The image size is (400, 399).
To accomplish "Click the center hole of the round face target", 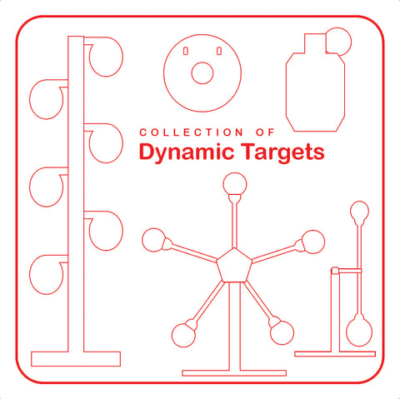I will point(202,73).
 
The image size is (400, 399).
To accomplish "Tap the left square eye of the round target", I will point(185,52).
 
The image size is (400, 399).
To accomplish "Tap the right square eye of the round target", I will point(219,52).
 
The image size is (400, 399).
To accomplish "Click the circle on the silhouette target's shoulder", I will point(338,40).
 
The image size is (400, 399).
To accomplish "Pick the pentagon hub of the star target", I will point(233,266).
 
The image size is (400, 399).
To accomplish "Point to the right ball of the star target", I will point(312,242).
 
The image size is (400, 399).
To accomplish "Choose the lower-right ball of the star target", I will point(282,332).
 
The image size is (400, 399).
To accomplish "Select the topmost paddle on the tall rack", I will point(106,56).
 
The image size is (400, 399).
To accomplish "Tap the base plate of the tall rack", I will point(76,359).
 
